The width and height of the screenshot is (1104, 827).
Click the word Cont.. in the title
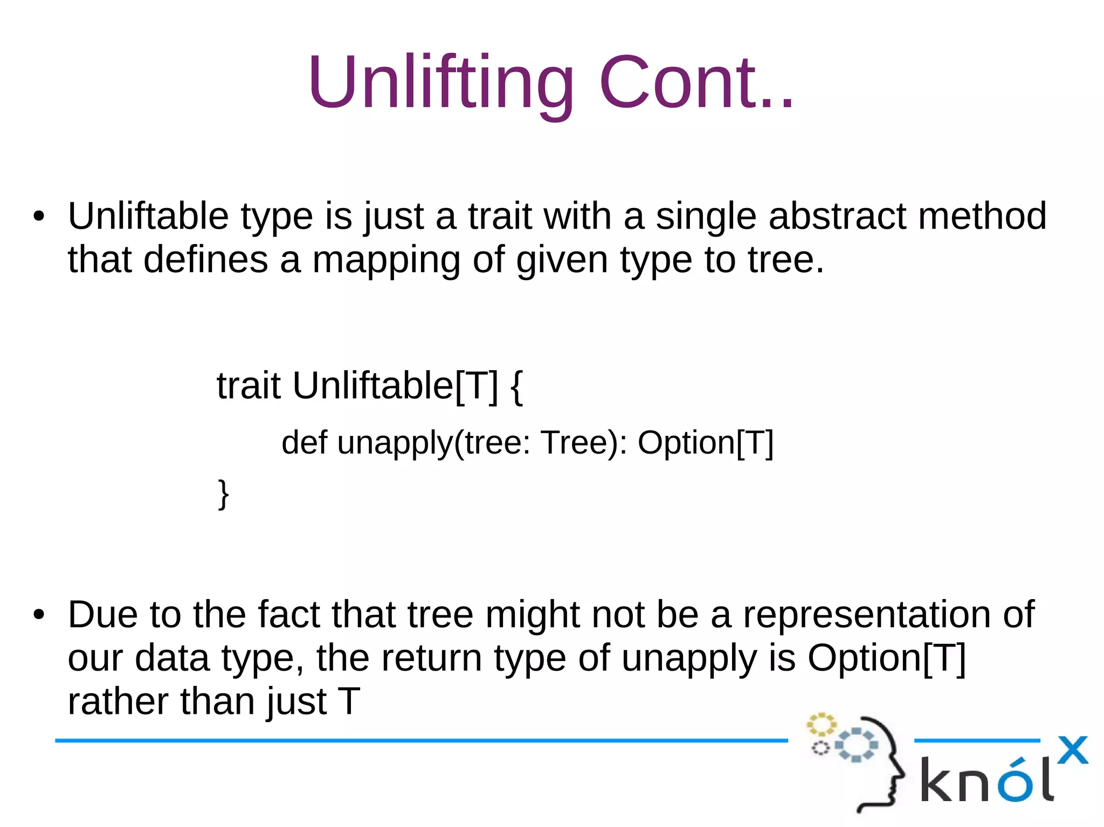(x=695, y=84)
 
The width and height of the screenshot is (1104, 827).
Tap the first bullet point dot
(x=39, y=217)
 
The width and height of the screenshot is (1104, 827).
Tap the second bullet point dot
(x=39, y=615)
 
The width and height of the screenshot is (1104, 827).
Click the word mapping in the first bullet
(x=386, y=260)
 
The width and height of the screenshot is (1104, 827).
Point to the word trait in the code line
(x=249, y=386)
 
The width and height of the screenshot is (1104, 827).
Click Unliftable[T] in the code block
(x=395, y=386)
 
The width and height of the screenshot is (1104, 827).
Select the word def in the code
(x=304, y=443)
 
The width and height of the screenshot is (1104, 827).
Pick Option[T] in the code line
(x=705, y=443)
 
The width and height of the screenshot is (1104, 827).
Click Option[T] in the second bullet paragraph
(x=886, y=658)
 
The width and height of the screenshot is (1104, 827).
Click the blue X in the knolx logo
(x=1072, y=750)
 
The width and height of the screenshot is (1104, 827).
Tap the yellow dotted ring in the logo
(x=821, y=725)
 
